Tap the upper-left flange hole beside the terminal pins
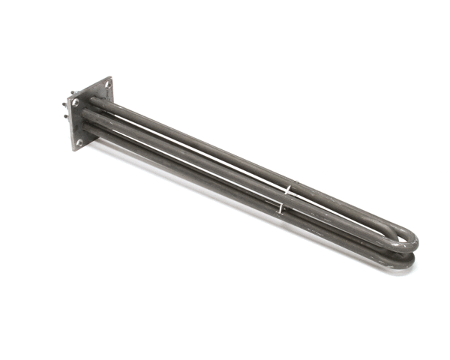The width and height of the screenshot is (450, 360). coord(76,102)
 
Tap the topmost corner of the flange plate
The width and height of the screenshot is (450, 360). coord(110,77)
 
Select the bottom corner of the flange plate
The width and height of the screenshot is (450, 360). coord(74,151)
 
